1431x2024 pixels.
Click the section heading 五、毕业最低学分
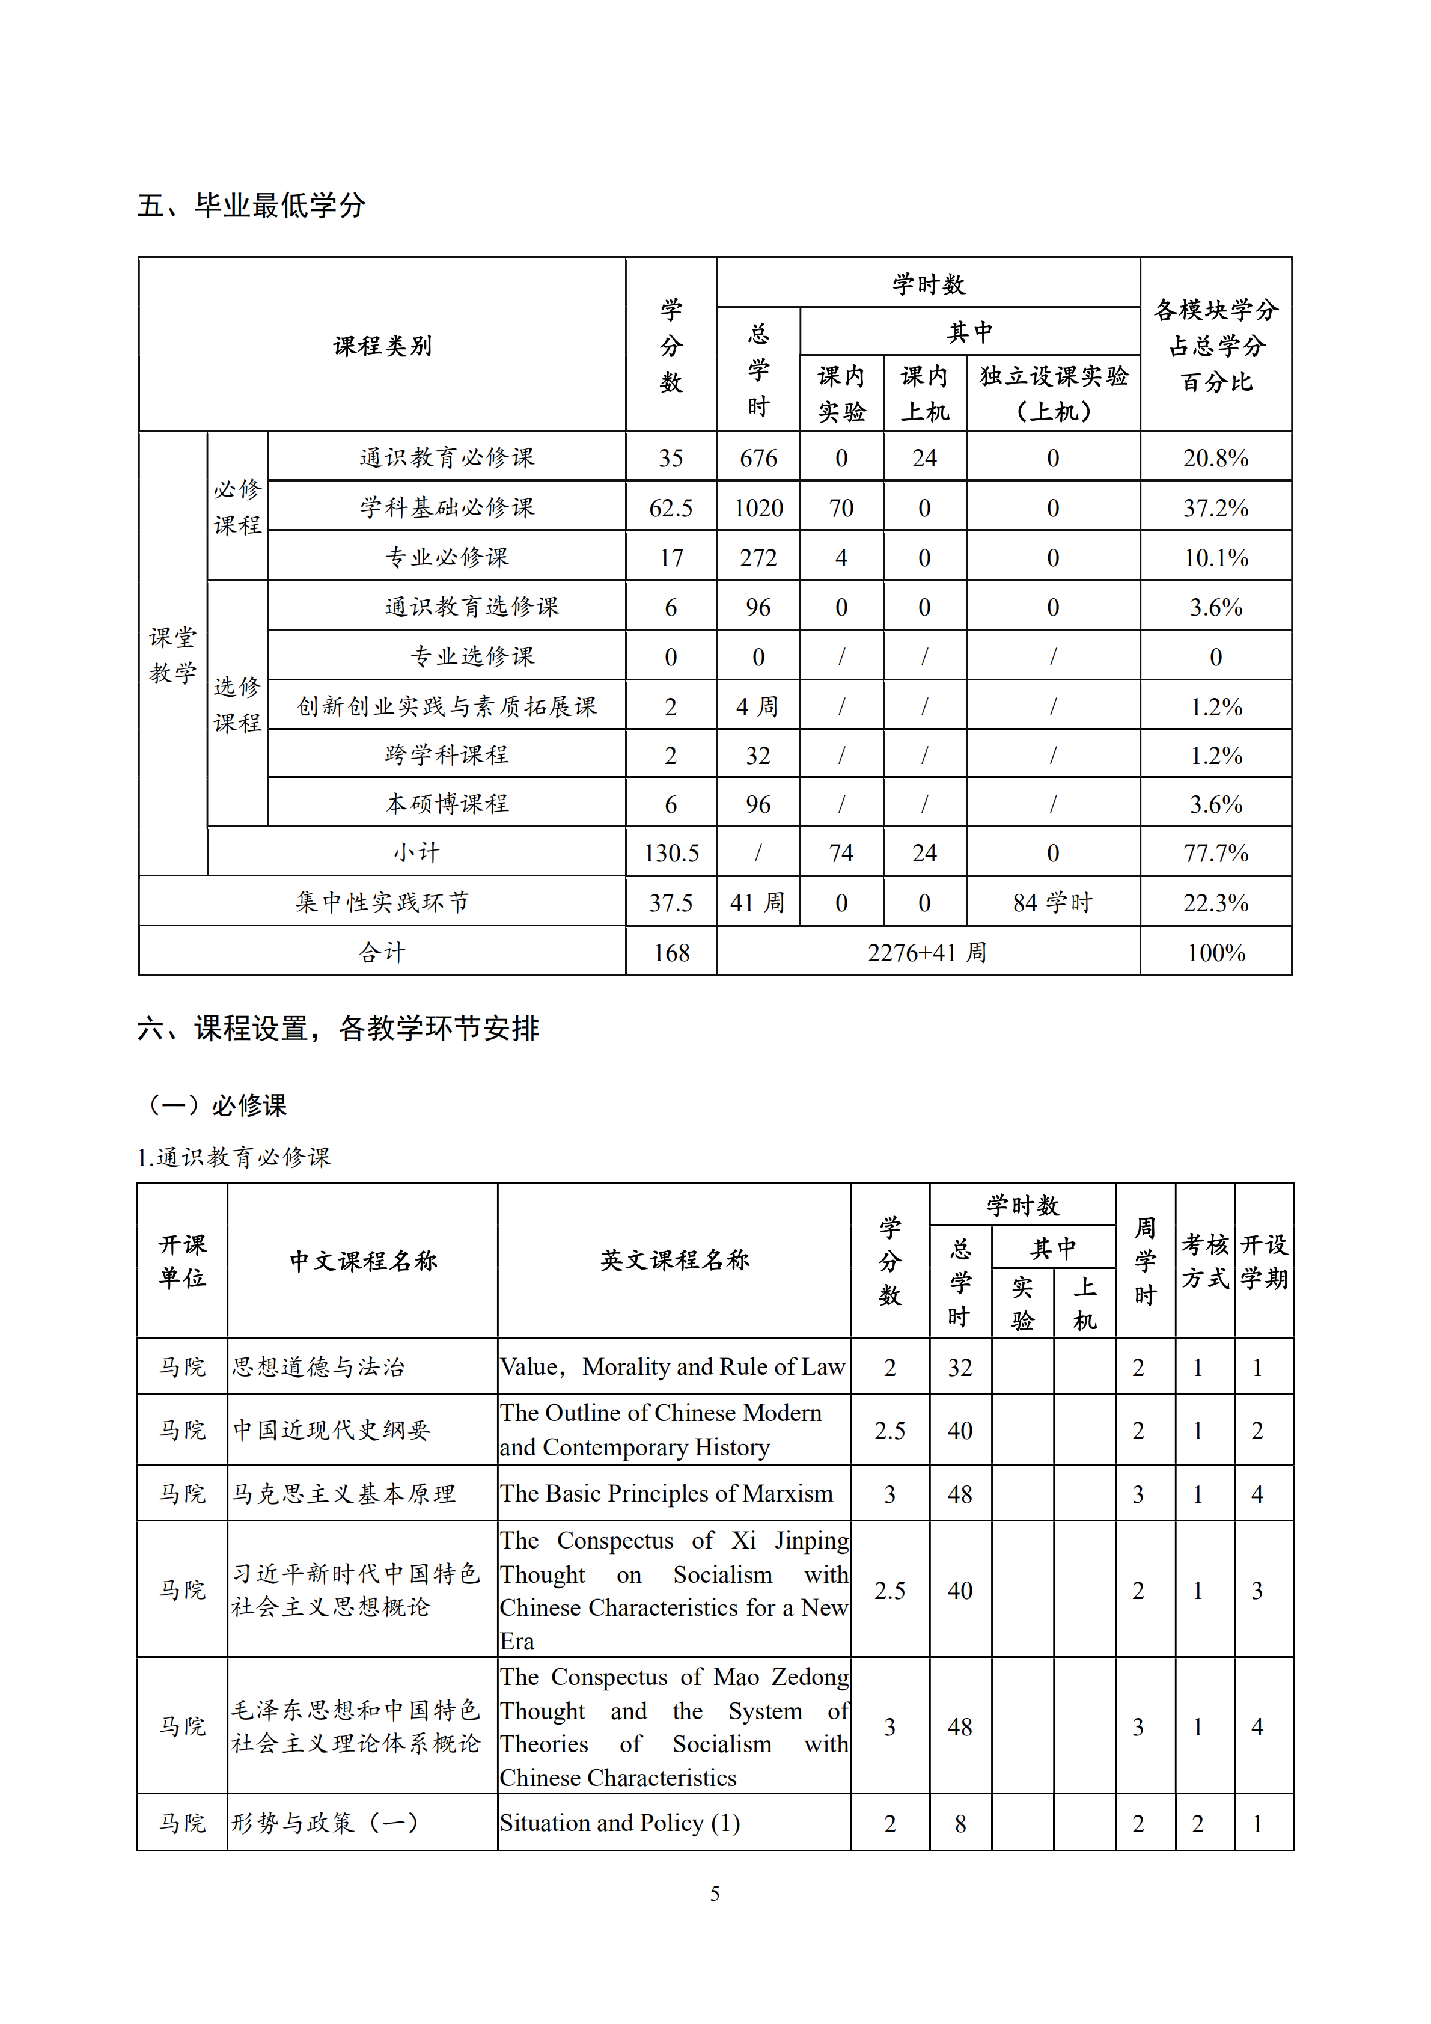[251, 206]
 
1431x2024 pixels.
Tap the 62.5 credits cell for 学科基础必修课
[671, 508]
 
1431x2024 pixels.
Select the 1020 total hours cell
[758, 508]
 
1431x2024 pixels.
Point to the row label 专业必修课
[447, 557]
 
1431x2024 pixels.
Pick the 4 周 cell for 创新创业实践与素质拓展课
[758, 706]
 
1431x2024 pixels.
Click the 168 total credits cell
[671, 953]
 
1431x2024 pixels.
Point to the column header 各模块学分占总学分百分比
[1215, 346]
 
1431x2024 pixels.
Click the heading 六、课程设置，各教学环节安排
[338, 1028]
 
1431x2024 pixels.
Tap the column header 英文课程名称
[674, 1260]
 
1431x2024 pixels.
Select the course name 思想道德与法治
[318, 1367]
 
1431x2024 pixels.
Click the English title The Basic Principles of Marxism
[666, 1493]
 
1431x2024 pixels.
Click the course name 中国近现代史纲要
[331, 1430]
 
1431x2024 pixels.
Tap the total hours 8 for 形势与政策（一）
[960, 1823]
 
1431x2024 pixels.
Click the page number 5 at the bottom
[715, 1894]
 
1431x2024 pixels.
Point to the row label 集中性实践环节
[382, 902]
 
